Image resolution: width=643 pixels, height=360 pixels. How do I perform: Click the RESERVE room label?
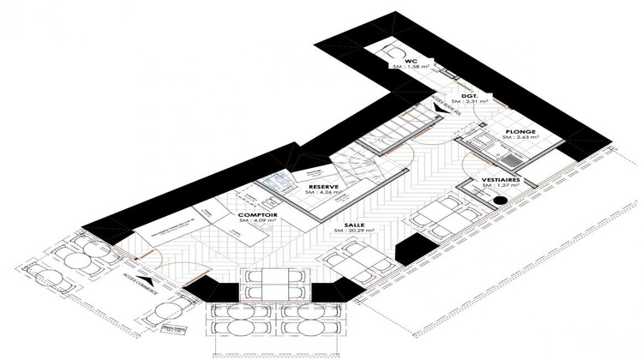pyautogui.click(x=323, y=186)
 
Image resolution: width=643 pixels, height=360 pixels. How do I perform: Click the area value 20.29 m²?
pyautogui.click(x=350, y=231)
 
